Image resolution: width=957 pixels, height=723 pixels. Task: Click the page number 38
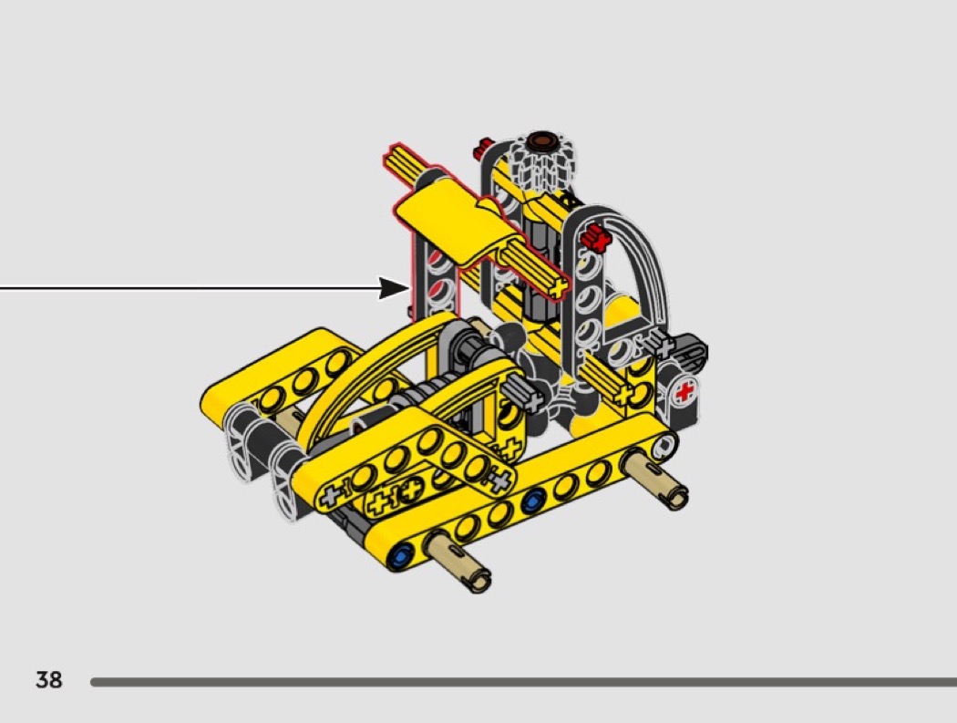49,679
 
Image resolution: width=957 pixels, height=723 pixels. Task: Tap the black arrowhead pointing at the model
394,288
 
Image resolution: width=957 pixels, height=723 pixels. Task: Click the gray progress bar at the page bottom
524,681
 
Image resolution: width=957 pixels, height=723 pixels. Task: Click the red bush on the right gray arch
596,236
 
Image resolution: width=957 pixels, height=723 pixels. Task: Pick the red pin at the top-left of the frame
483,147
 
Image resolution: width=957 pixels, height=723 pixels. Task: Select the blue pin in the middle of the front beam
531,501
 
